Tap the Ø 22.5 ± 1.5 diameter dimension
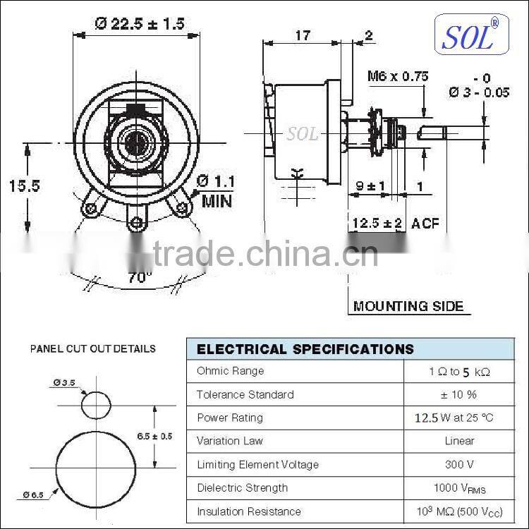tap(140, 24)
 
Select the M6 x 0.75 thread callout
tap(398, 77)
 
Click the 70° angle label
tap(140, 277)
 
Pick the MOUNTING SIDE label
tap(408, 306)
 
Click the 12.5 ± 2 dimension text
tap(377, 224)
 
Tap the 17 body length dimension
tap(302, 35)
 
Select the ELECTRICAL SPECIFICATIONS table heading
tap(305, 349)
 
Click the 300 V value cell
tap(459, 464)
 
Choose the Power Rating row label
tap(230, 418)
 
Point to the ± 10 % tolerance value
tap(459, 394)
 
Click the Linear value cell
tap(459, 441)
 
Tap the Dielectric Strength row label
tap(243, 487)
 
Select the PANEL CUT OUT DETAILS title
tap(92, 349)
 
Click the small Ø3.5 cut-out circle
tap(96, 406)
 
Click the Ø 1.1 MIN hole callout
tap(217, 190)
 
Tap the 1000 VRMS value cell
tap(459, 488)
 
